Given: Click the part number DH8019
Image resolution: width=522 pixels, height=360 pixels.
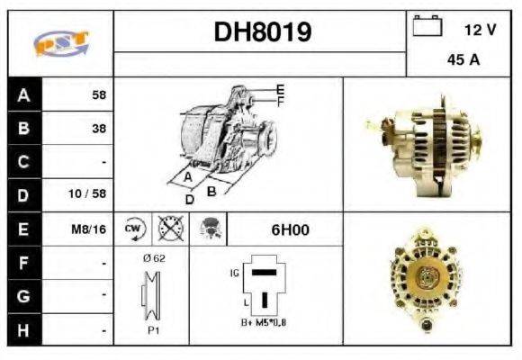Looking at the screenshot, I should point(263,32).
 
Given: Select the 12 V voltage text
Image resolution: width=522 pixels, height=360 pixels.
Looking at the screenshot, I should point(480,30).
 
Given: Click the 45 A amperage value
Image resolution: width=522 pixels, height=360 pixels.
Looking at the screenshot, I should point(462,61).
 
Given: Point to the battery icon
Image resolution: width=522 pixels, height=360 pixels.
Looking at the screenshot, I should point(426,28).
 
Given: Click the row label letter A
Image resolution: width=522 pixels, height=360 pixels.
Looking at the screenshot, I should point(23,94).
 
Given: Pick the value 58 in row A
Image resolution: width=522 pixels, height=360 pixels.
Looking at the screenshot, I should point(98,94).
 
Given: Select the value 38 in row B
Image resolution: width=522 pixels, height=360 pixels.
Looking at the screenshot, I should point(98,128).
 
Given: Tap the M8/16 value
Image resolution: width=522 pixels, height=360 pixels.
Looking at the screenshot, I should point(90,229).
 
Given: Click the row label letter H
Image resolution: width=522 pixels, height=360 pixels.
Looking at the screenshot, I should point(23,330).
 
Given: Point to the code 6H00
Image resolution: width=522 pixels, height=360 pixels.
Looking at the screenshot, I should point(290,229).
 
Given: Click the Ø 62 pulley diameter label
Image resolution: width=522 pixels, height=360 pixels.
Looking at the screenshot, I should point(153,257).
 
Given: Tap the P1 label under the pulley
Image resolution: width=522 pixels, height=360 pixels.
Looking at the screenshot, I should point(153,329).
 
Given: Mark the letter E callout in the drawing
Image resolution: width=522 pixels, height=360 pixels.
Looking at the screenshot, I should point(280,89).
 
